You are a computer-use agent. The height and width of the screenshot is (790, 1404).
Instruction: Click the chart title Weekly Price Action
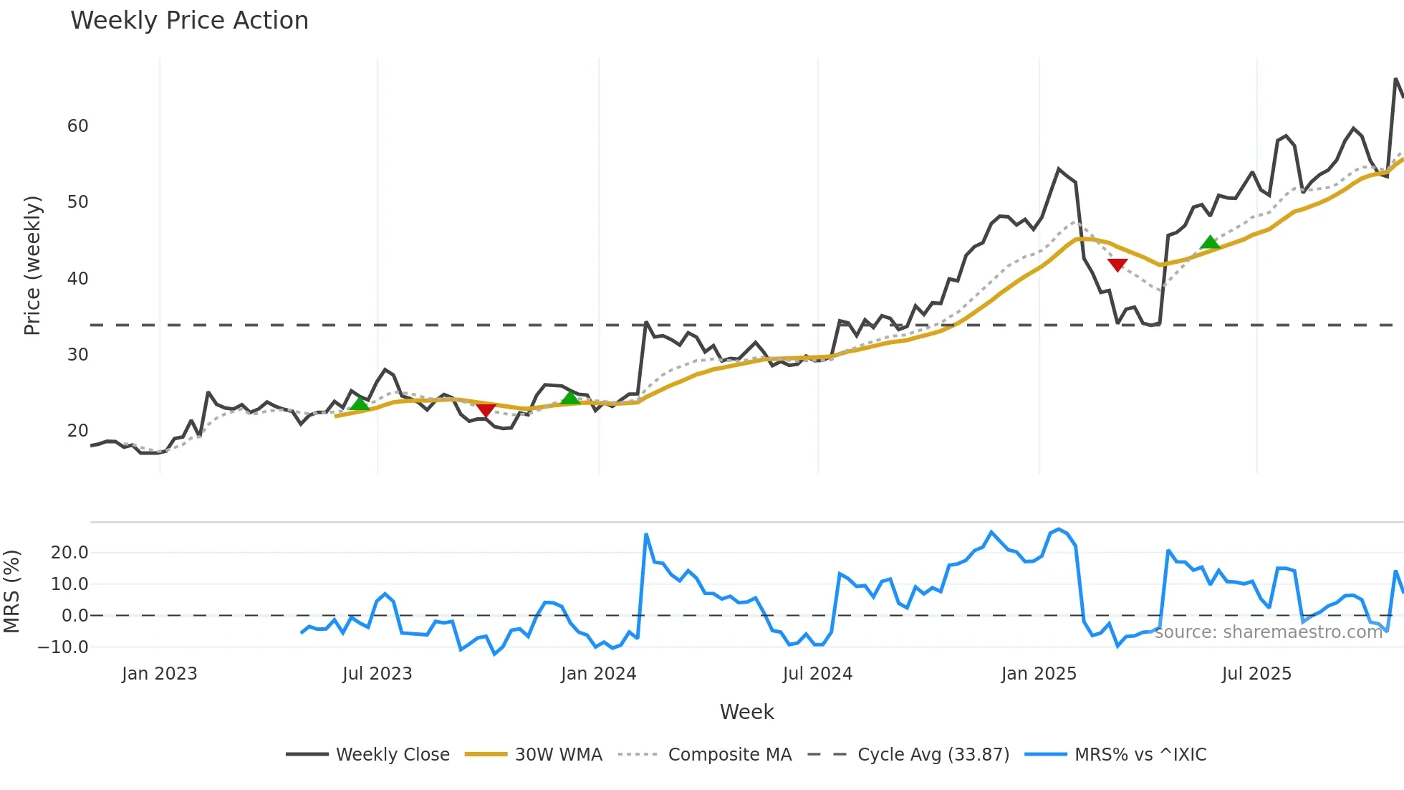coord(189,21)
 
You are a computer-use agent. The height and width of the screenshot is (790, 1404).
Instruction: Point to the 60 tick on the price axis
coord(77,126)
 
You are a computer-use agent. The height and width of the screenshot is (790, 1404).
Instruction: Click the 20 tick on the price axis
coord(77,431)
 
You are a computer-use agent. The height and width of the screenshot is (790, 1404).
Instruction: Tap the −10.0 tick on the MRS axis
coord(63,647)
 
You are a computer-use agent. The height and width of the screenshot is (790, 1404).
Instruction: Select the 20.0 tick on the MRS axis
coord(69,552)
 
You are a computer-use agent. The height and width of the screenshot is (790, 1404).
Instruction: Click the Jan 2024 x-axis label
coord(598,674)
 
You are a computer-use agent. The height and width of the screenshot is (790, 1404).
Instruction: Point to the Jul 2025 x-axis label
coord(1256,674)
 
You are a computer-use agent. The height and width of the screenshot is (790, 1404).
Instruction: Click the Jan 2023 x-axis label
coord(159,674)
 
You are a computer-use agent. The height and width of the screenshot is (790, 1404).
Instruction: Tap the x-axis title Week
coord(746,712)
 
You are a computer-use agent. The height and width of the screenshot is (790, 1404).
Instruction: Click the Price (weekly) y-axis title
coord(32,265)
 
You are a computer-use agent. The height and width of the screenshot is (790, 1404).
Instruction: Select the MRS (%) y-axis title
coord(11,591)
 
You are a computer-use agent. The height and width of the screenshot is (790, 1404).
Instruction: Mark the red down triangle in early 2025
coord(1117,265)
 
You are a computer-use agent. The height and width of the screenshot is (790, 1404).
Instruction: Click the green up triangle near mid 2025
coord(1210,242)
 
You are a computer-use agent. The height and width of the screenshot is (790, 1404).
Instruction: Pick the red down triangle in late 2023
coord(486,410)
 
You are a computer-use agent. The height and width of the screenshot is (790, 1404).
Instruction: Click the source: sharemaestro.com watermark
coord(1268,632)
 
